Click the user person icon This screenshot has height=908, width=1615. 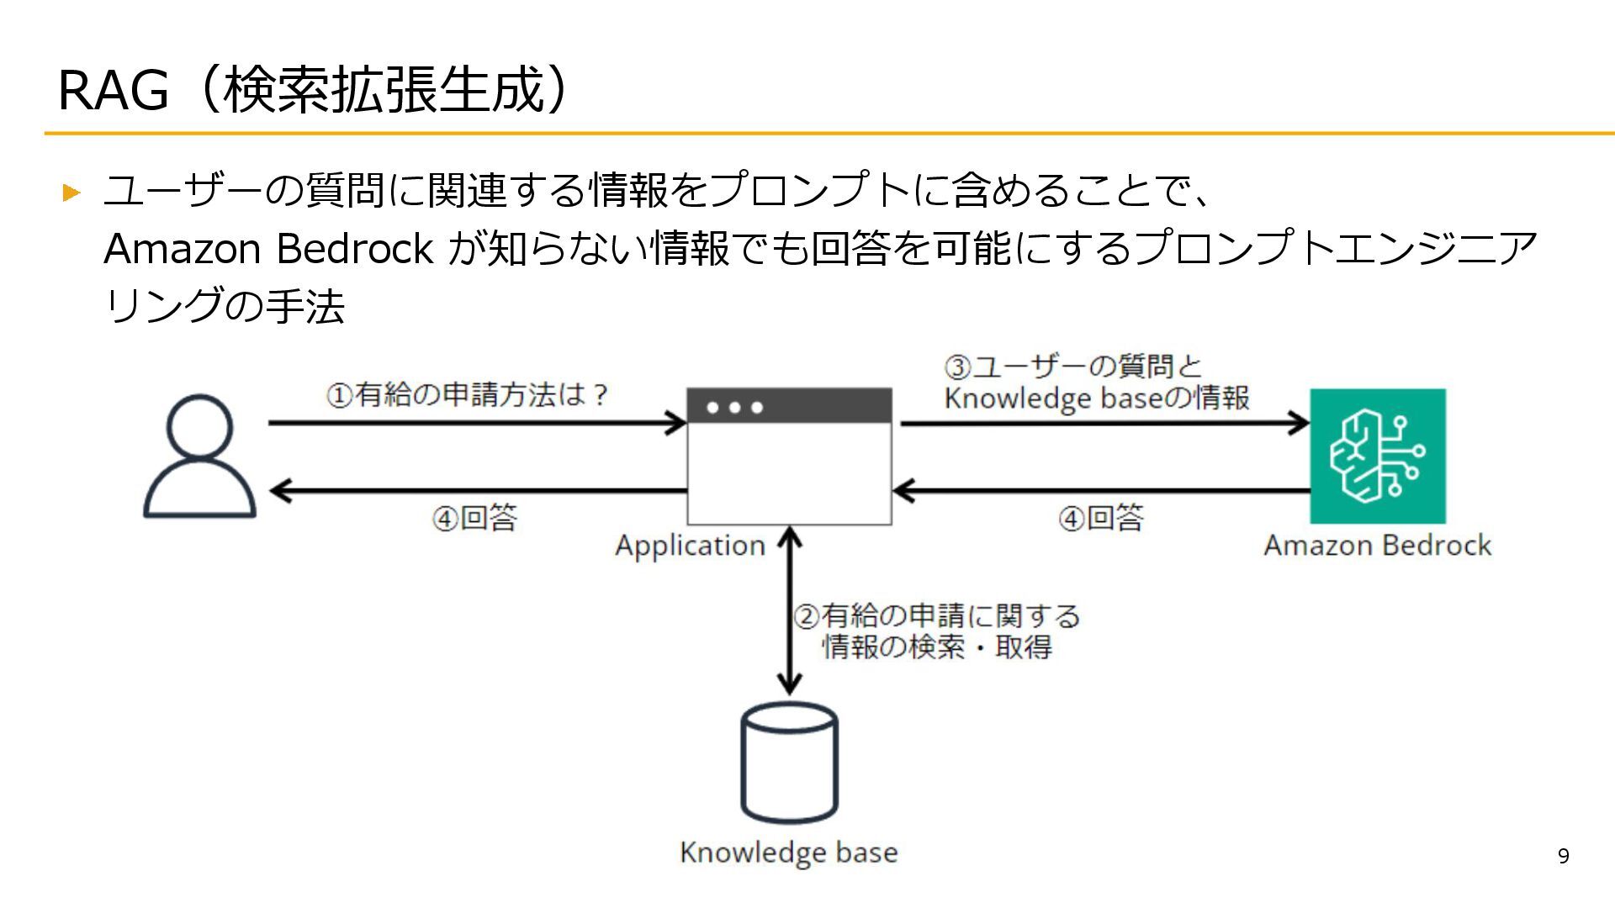(199, 456)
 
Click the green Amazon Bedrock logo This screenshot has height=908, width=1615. (1378, 456)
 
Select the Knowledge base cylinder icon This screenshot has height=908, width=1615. (789, 763)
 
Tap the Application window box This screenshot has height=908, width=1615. (789, 471)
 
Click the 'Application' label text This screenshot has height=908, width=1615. (690, 546)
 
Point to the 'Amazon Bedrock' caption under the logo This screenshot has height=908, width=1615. (1377, 546)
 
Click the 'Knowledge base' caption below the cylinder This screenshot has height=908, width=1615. (788, 853)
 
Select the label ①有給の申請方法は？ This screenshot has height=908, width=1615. (468, 395)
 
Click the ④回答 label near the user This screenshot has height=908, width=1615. (475, 518)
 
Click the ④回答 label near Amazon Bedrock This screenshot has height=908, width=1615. (1102, 518)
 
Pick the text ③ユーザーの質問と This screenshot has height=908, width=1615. (1073, 367)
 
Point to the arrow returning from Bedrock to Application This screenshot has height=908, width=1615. (1102, 490)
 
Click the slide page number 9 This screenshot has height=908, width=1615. (1563, 856)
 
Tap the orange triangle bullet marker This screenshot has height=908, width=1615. (71, 193)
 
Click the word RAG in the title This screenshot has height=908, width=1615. (113, 91)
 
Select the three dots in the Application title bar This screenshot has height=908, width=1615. (734, 408)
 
